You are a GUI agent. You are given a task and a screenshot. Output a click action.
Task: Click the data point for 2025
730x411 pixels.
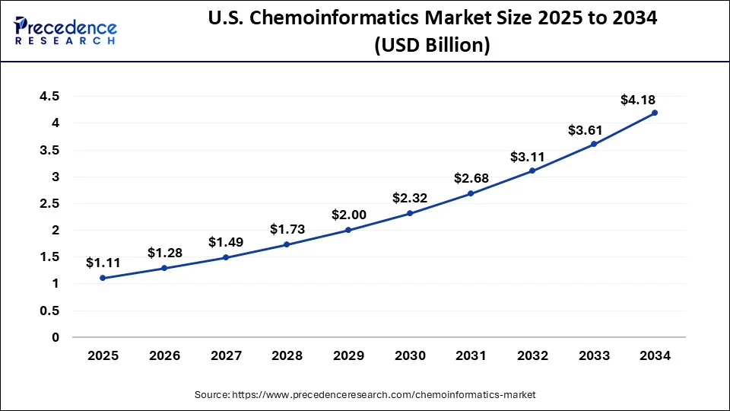click(x=103, y=278)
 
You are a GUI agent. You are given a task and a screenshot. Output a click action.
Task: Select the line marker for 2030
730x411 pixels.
click(x=410, y=213)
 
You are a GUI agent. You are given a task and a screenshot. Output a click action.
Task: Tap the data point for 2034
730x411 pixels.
click(x=655, y=113)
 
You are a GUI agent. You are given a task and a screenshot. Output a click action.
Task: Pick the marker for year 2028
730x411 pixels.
click(x=287, y=244)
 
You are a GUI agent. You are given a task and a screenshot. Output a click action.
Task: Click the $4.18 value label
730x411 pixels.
click(x=638, y=100)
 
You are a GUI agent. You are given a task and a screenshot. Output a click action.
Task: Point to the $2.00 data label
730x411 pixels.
click(x=349, y=215)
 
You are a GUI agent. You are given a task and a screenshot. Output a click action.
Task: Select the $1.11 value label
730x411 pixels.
click(x=103, y=263)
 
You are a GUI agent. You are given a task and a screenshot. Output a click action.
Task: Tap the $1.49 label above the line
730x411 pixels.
click(x=226, y=242)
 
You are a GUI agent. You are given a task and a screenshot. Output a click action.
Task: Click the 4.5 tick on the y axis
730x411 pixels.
click(x=49, y=96)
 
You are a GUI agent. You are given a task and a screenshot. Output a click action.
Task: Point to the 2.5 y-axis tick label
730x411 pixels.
click(x=49, y=203)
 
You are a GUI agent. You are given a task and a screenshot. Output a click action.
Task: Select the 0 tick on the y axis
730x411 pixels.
click(x=56, y=337)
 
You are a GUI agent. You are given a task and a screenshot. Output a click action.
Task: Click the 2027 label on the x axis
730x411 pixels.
click(x=226, y=355)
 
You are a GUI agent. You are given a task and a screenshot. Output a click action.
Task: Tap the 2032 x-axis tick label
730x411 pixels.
click(x=532, y=355)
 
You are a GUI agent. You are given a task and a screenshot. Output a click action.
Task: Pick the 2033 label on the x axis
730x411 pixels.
click(x=594, y=355)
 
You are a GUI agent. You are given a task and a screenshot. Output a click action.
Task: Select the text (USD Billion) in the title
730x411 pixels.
click(x=432, y=46)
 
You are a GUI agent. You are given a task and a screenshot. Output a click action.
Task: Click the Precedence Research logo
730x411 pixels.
click(x=65, y=30)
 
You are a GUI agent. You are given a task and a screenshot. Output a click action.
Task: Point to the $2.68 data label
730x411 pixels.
click(x=471, y=178)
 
